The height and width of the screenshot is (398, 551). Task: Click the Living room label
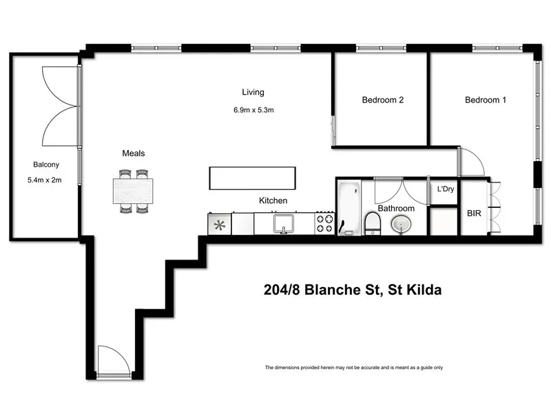[253, 92]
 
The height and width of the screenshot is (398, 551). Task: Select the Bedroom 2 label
[382, 100]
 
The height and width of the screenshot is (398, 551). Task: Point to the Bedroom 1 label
[486, 100]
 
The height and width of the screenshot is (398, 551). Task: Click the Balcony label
[46, 165]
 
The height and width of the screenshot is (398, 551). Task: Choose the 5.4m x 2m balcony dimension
[46, 181]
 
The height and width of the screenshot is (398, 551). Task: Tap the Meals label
[134, 154]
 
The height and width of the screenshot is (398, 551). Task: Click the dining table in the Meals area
[134, 191]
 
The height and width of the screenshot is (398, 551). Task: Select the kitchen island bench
[253, 178]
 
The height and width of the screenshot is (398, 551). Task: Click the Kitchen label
[273, 201]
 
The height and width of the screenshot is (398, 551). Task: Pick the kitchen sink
[283, 224]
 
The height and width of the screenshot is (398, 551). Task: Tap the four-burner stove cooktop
[325, 224]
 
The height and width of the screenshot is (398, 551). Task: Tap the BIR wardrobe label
[474, 214]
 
